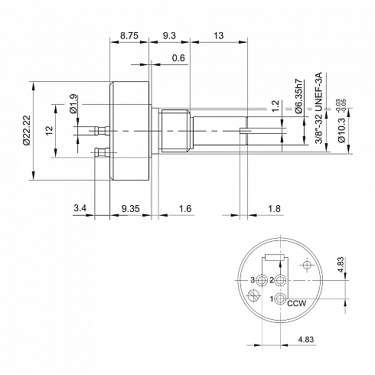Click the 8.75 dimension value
pyautogui.click(x=129, y=35)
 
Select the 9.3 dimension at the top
pyautogui.click(x=169, y=35)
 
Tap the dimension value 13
pyautogui.click(x=219, y=35)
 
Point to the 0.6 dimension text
pyautogui.click(x=178, y=58)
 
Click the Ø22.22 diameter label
pyautogui.click(x=27, y=130)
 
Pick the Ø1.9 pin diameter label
pyautogui.click(x=73, y=104)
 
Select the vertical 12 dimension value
pyautogui.click(x=49, y=130)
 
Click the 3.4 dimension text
pyautogui.click(x=80, y=208)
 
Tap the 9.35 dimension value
pyautogui.click(x=130, y=209)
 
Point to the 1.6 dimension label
pyautogui.click(x=185, y=209)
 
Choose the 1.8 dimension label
pyautogui.click(x=274, y=209)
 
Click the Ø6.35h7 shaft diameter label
pyautogui.click(x=298, y=96)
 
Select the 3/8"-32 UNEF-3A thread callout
pyautogui.click(x=319, y=108)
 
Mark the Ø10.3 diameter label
pyautogui.click(x=341, y=130)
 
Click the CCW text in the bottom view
pyautogui.click(x=296, y=304)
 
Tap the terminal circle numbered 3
pyautogui.click(x=262, y=280)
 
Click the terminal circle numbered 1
pyautogui.click(x=280, y=298)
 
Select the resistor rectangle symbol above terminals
pyautogui.click(x=275, y=258)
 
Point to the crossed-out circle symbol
pyautogui.click(x=253, y=295)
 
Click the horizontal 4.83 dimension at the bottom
pyautogui.click(x=306, y=339)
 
